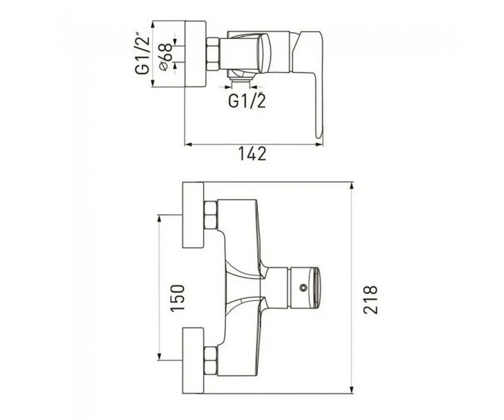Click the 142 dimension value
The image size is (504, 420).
(252, 154)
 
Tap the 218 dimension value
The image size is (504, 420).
(370, 299)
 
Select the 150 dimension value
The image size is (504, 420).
(178, 298)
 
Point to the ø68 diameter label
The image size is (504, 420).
(166, 58)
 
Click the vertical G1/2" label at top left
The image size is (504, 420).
(142, 53)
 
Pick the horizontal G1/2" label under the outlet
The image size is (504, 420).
(247, 100)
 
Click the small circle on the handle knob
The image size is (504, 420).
(302, 288)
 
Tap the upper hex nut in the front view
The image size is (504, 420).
(211, 215)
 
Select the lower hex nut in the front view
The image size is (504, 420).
(211, 361)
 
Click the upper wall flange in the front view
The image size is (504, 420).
(193, 215)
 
